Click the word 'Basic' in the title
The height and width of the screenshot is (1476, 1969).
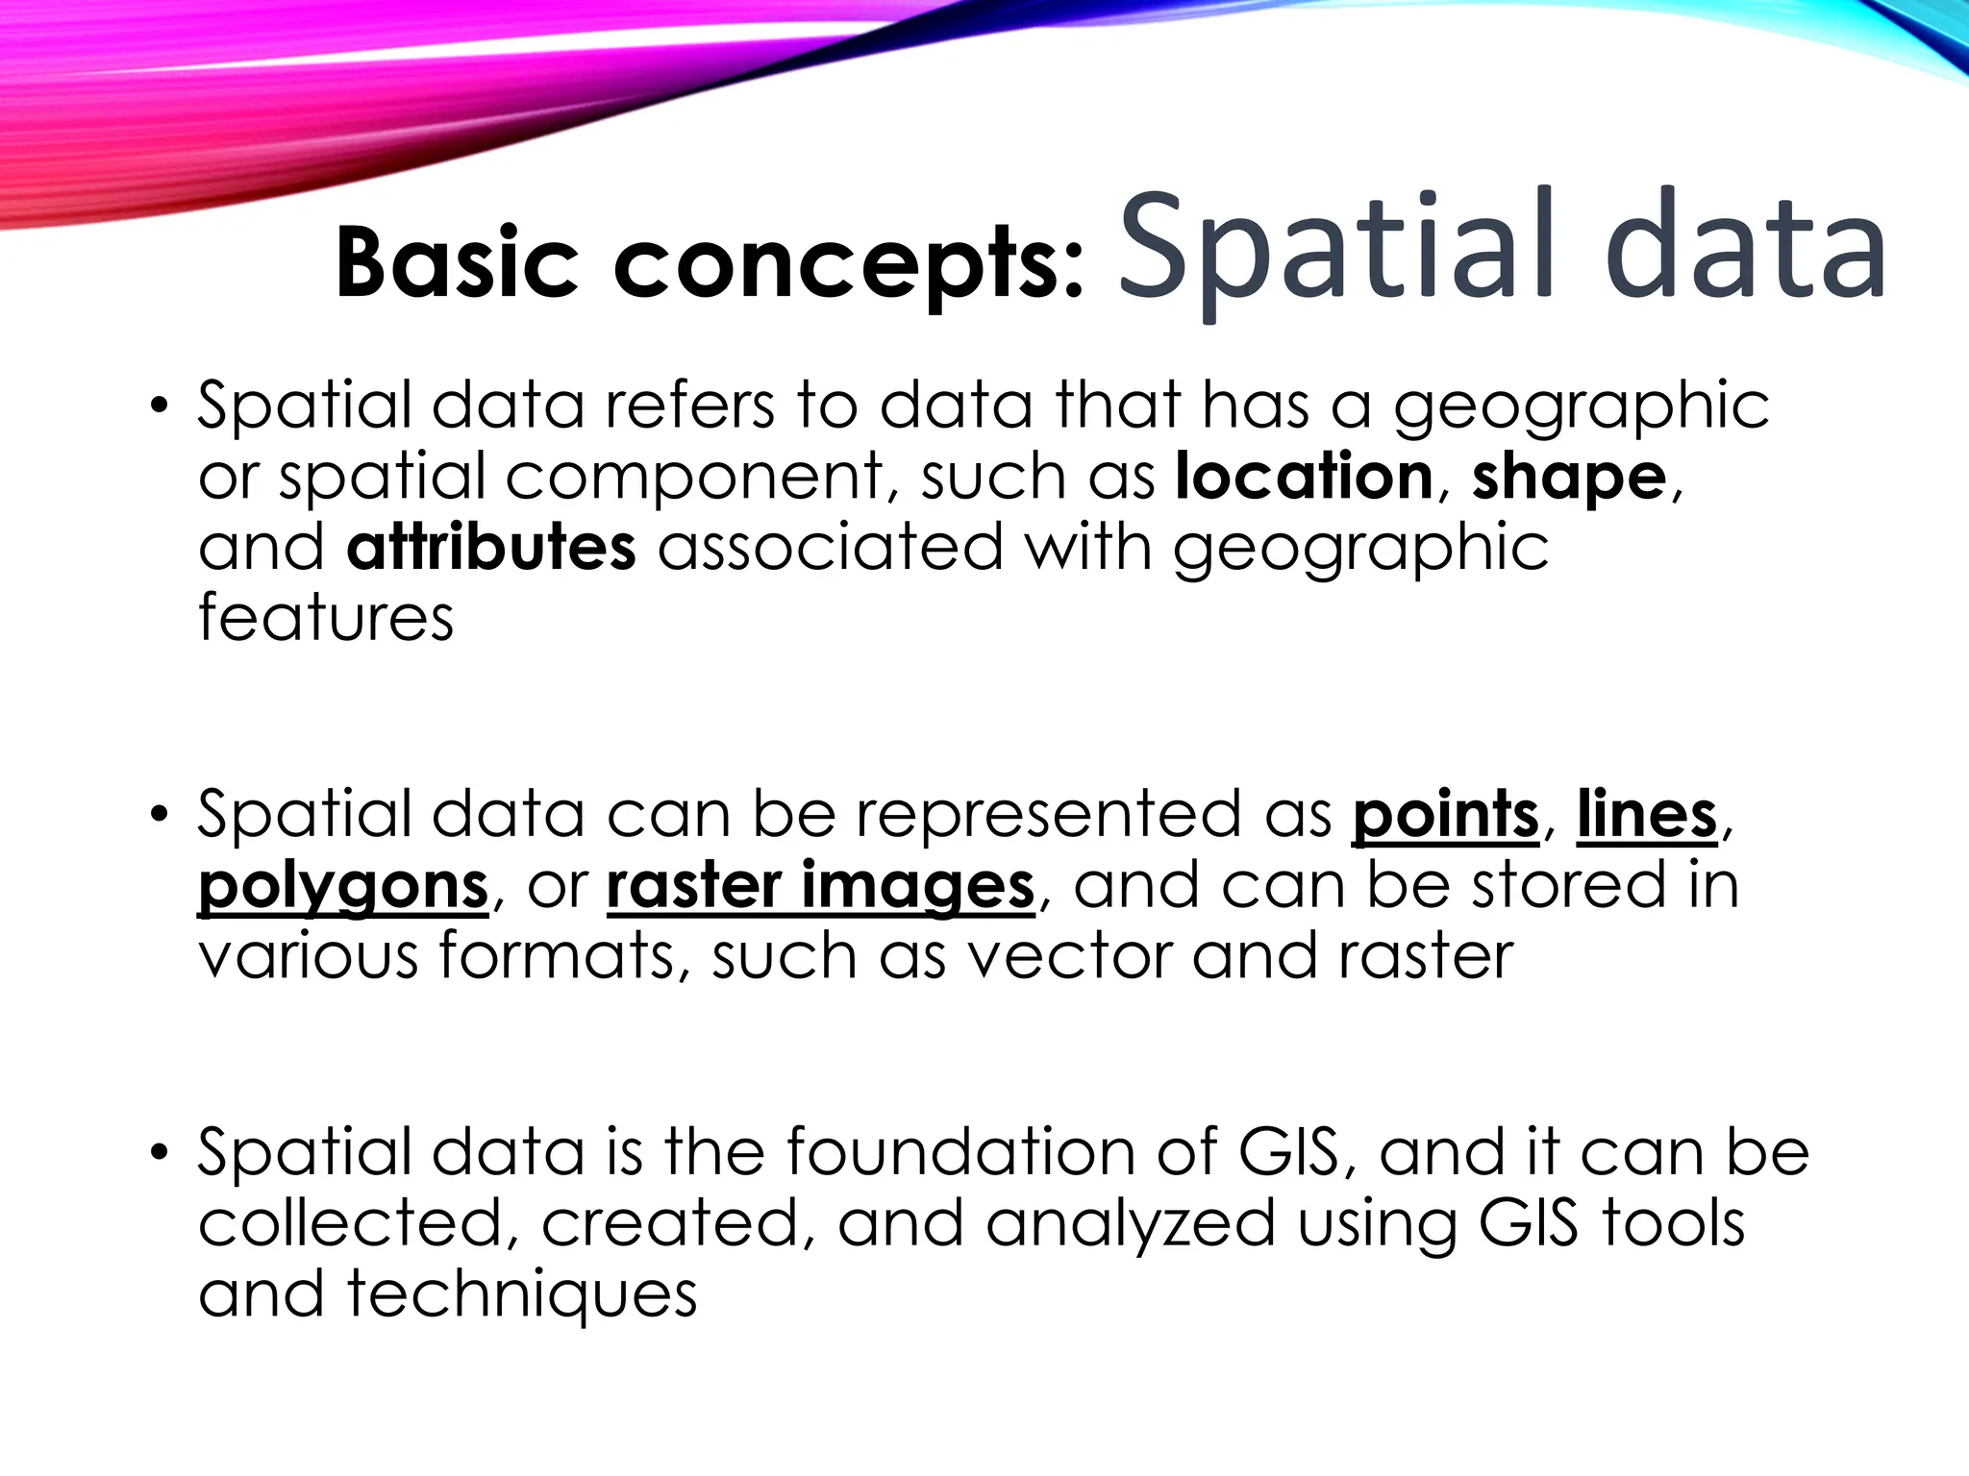[x=457, y=262]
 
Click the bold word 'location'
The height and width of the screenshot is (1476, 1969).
[x=1304, y=476]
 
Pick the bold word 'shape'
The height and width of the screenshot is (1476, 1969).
[x=1568, y=478]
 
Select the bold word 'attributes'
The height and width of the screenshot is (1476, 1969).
[x=490, y=547]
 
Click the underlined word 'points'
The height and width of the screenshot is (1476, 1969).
[x=1445, y=815]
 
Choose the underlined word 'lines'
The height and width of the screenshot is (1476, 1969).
[x=1646, y=815]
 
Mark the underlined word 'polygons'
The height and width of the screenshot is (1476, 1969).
[x=343, y=886]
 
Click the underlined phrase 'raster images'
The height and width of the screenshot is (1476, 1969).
[x=820, y=886]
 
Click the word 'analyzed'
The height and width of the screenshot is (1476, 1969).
[x=1130, y=1223]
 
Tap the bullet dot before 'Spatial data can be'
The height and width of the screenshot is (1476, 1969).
[x=160, y=814]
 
